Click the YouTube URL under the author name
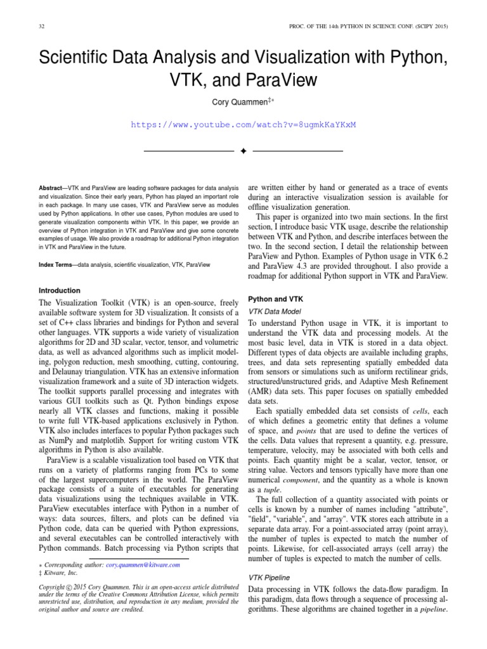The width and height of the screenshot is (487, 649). pos(243,125)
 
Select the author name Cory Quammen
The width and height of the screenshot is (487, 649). pos(240,103)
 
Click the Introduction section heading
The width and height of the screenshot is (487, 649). pos(60,291)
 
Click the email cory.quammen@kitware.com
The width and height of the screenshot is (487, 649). pos(143,564)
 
